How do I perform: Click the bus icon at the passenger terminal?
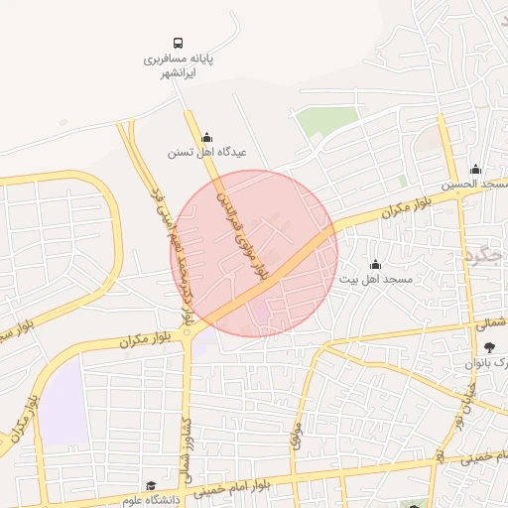click(178, 44)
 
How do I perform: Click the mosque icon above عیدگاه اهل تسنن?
click(206, 138)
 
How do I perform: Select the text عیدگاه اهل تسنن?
click(206, 153)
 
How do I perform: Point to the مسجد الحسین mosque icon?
click(475, 169)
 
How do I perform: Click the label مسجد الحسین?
click(475, 185)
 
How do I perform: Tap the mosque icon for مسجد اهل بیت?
click(375, 264)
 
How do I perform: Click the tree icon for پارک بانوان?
click(489, 346)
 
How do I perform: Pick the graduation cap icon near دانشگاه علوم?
click(151, 486)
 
